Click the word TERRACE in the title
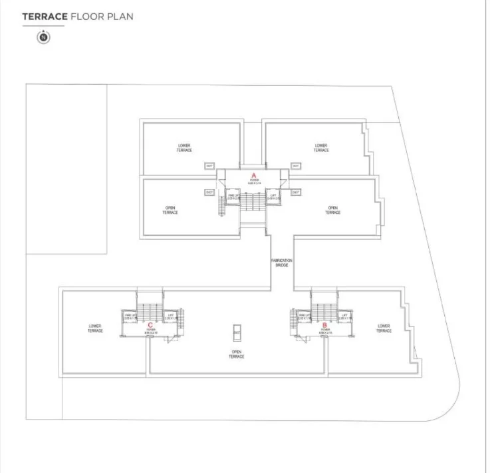(x=43, y=16)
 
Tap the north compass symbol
(x=44, y=38)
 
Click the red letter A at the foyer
(x=253, y=175)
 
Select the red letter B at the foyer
(x=325, y=325)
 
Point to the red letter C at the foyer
(x=150, y=325)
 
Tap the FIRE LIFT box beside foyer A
(x=233, y=197)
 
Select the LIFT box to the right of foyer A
(x=273, y=197)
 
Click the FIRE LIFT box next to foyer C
(x=130, y=316)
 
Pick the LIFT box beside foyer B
(x=344, y=316)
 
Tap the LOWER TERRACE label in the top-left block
(x=184, y=148)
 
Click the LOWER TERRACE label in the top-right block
(x=321, y=148)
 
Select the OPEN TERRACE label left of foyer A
(x=171, y=211)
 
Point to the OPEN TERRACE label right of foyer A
(x=332, y=211)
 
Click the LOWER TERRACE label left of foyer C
(x=95, y=328)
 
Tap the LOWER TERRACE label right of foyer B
(x=384, y=328)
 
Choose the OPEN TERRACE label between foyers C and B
(x=236, y=354)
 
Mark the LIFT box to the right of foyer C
(x=171, y=316)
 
